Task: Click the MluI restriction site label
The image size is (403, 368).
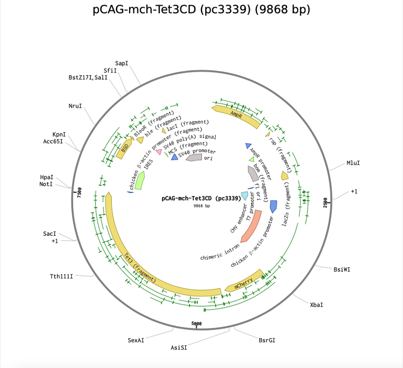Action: click(353, 163)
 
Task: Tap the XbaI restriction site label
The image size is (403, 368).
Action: click(317, 304)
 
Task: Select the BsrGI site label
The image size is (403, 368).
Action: click(267, 340)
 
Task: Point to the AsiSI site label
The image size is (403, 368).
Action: click(179, 348)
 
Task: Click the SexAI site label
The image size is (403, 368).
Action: click(136, 340)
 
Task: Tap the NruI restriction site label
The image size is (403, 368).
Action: click(75, 106)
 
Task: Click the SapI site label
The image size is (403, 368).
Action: click(122, 63)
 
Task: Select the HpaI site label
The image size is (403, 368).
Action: click(47, 177)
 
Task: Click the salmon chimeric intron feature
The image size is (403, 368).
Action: click(250, 226)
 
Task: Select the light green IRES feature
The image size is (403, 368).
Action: click(139, 181)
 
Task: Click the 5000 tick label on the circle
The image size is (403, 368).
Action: click(197, 323)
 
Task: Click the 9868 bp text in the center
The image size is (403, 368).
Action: click(201, 206)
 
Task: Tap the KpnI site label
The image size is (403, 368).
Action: click(59, 134)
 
